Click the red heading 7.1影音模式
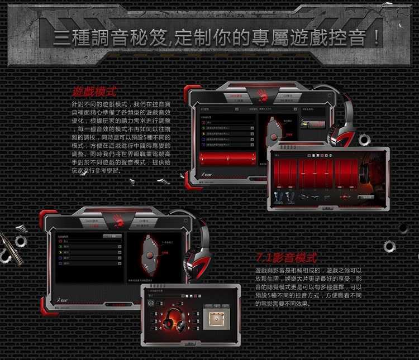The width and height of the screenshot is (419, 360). [x=286, y=258]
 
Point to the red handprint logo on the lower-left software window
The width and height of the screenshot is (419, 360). [x=119, y=220]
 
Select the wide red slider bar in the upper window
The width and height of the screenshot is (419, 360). [x=227, y=159]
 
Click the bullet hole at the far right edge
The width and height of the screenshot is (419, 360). [x=403, y=228]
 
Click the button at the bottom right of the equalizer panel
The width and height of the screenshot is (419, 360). [x=365, y=197]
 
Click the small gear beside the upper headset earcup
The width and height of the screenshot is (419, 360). [x=364, y=139]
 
